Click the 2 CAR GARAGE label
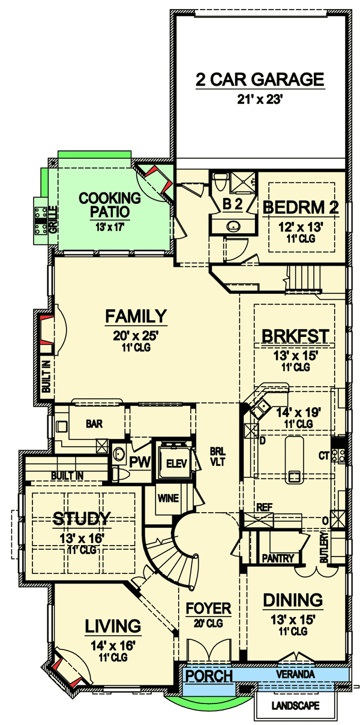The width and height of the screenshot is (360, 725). coord(260,79)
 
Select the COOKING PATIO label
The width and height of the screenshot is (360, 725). coord(110,204)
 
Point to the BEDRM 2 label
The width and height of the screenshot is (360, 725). coord(301,207)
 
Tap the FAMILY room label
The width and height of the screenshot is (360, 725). coord(136,315)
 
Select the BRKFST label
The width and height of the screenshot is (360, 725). coord(295,336)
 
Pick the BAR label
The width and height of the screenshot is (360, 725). coord(94,423)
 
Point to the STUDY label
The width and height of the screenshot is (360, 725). coord(81,518)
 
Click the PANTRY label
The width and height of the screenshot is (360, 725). coord(278,558)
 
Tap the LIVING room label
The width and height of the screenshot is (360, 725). coord(113,627)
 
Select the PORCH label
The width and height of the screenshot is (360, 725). coord(208,676)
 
